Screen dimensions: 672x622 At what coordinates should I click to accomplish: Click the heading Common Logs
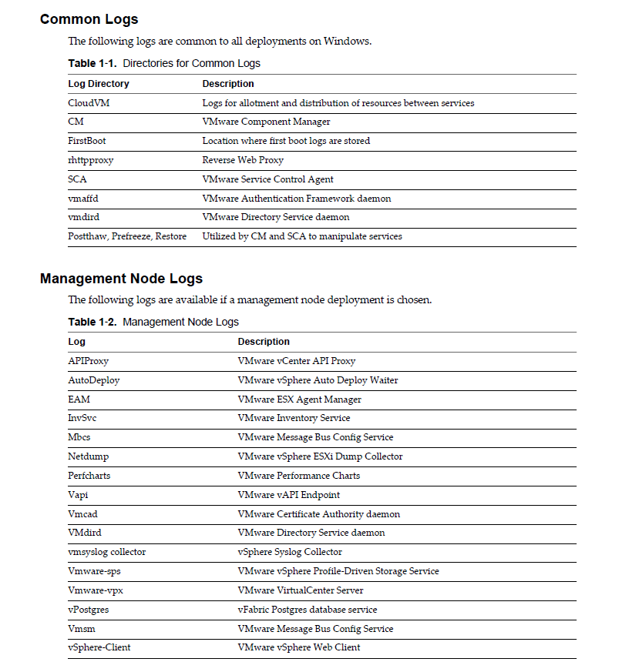click(x=89, y=19)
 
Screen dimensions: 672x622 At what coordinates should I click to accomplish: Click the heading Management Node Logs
click(x=121, y=279)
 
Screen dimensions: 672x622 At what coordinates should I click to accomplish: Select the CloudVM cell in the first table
click(x=89, y=103)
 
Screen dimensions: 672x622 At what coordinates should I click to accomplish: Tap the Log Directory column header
click(x=99, y=84)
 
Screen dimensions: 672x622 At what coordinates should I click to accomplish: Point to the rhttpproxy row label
click(x=91, y=160)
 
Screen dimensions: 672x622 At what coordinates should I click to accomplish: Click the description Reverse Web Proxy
click(x=243, y=160)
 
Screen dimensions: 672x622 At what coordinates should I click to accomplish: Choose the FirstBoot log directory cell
click(x=87, y=141)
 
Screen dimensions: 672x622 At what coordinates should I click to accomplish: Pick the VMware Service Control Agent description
click(x=267, y=179)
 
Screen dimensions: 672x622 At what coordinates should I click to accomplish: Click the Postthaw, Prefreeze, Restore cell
click(x=127, y=236)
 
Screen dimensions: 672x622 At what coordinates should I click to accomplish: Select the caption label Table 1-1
click(x=92, y=64)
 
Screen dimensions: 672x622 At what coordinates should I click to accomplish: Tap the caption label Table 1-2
click(x=92, y=323)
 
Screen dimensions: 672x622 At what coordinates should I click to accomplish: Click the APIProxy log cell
click(x=89, y=361)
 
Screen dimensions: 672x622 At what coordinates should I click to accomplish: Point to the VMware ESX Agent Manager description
click(x=299, y=400)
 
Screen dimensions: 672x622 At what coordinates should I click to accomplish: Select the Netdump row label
click(x=89, y=456)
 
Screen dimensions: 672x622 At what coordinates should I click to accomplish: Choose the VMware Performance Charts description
click(x=298, y=476)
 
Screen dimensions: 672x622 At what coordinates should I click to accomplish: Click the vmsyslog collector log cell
click(x=106, y=552)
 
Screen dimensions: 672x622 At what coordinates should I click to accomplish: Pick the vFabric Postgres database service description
click(x=307, y=610)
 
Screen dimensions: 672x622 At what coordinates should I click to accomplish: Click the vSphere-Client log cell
click(x=99, y=647)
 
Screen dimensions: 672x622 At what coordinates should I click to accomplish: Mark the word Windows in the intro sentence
click(x=348, y=42)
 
